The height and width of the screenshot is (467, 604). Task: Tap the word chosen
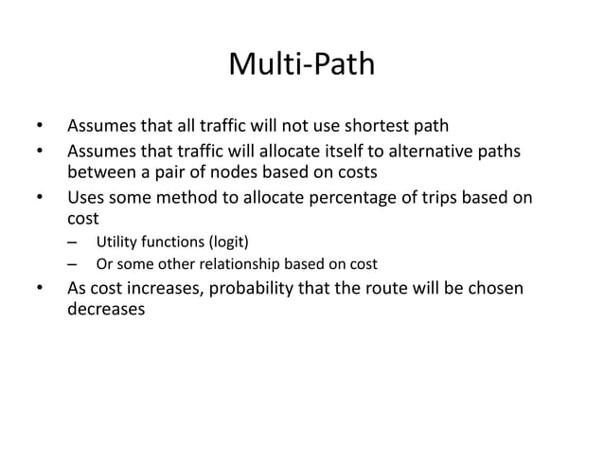[x=493, y=287]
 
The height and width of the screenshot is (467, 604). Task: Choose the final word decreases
[x=107, y=310]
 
